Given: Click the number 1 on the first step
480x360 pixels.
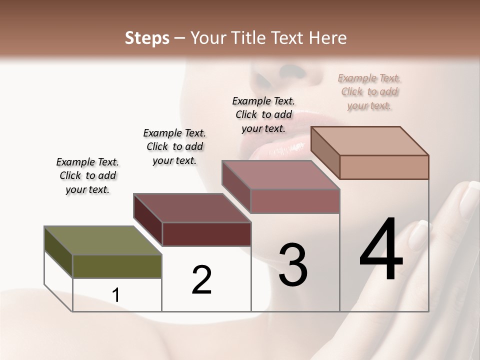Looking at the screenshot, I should pos(116,295).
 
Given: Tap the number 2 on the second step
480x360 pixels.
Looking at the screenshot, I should pos(201,280).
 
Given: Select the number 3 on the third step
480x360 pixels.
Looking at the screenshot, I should pos(293,265).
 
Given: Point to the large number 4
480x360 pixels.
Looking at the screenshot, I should pos(381,250).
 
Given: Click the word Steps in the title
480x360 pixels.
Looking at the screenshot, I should pos(147,38).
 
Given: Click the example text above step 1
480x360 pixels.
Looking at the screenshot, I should pos(87,175).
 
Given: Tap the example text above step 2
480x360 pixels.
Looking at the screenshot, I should pos(174,146).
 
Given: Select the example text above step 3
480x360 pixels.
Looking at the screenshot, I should pos(263,114).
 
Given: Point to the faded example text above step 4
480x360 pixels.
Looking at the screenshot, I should pos(369,91).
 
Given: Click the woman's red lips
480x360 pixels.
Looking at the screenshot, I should pos(280,140).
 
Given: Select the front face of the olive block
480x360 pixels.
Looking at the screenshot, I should pos(117,266).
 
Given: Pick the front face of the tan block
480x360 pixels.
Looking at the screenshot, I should pos(384,167).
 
